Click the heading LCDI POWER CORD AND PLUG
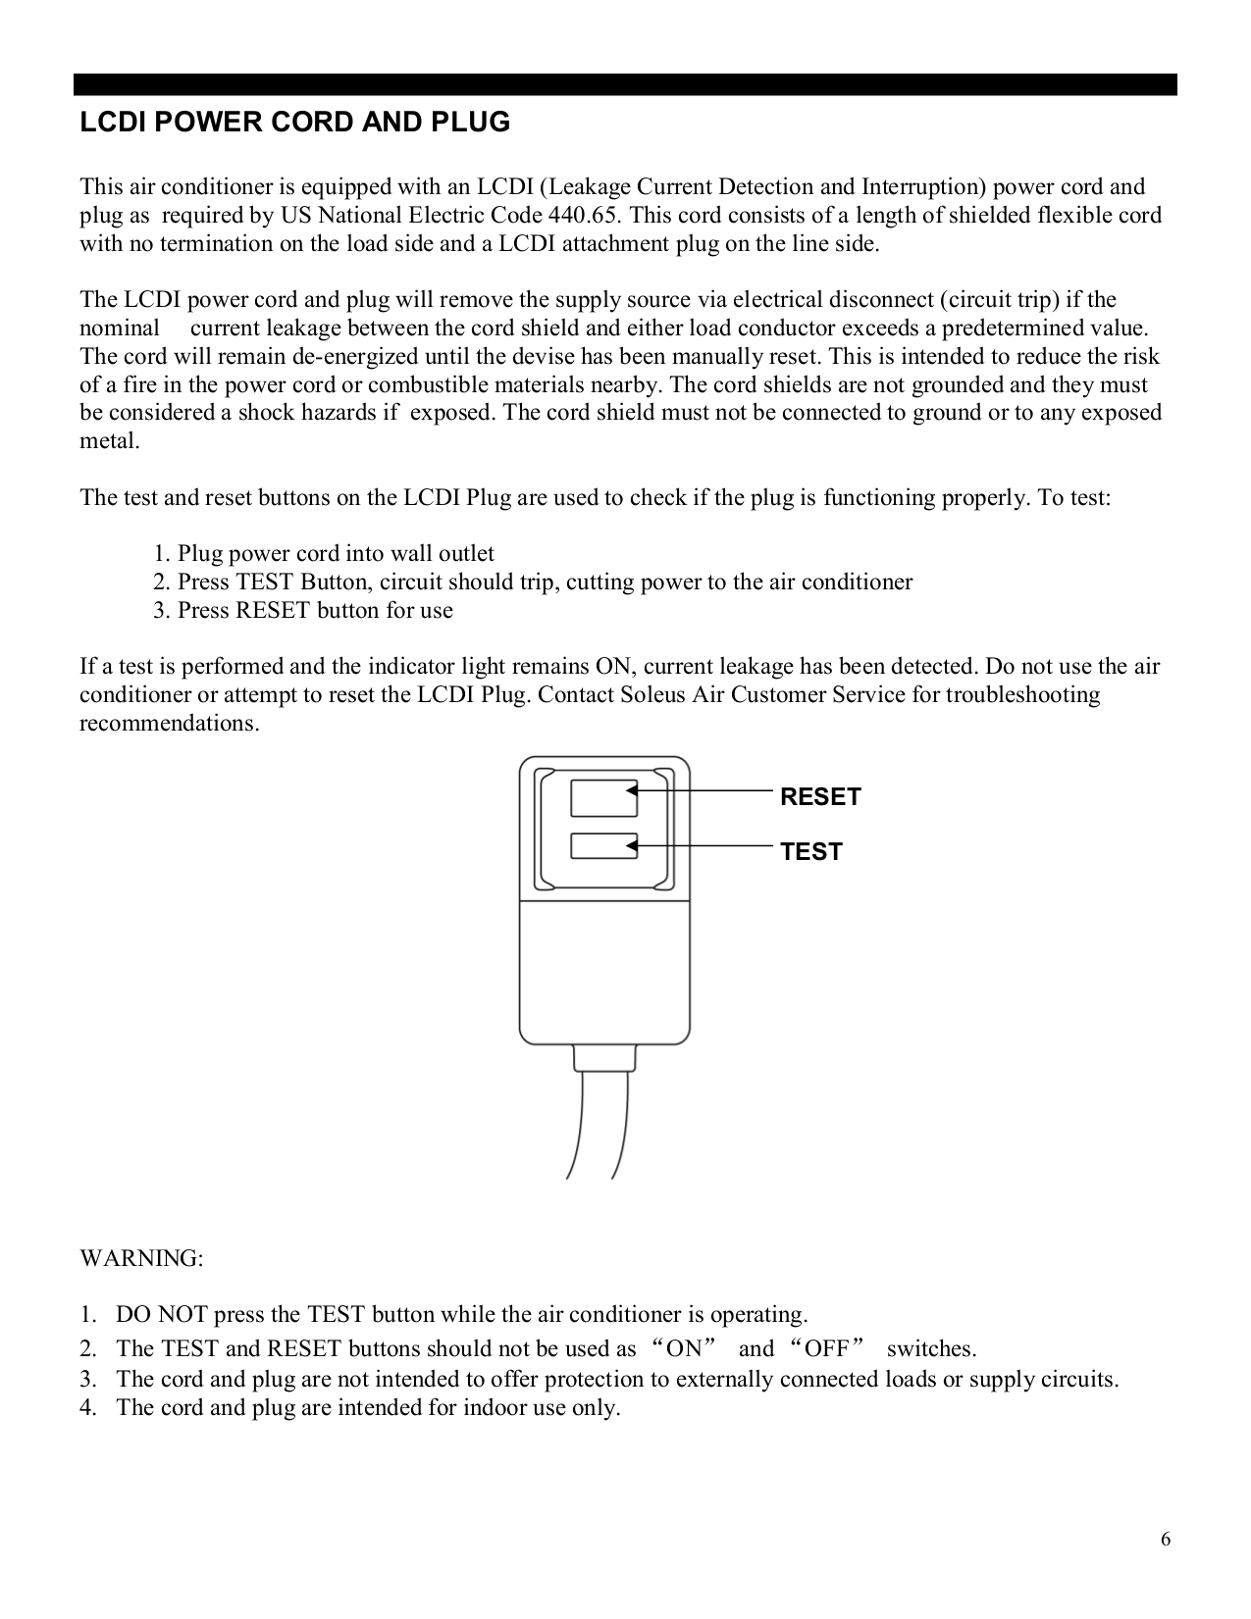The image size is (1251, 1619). (x=294, y=124)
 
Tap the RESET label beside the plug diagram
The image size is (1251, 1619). (x=819, y=797)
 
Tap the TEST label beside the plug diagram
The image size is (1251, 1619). (x=810, y=852)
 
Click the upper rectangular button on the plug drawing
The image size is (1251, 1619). (x=603, y=798)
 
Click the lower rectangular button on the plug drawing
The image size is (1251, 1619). (x=603, y=847)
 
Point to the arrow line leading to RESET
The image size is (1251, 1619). (x=706, y=788)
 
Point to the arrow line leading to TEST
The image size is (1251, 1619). (x=706, y=843)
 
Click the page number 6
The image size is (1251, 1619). (x=1165, y=1539)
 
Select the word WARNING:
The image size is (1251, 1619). (x=141, y=1258)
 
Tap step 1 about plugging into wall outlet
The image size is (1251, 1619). (x=324, y=554)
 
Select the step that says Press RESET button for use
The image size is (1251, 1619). (x=303, y=611)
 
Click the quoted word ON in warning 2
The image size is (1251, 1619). (x=683, y=1348)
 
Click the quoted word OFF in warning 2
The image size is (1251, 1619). (x=826, y=1348)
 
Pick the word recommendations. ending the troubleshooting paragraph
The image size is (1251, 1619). (x=170, y=724)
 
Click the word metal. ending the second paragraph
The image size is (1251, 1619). (x=109, y=441)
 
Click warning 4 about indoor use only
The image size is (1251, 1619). (x=367, y=1408)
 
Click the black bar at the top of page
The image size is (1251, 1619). (x=625, y=84)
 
